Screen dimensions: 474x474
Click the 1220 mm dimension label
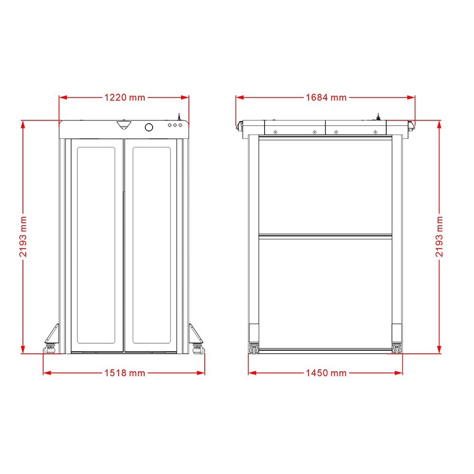(x=125, y=97)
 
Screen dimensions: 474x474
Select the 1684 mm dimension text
(x=326, y=97)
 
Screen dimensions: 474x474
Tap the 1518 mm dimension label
(x=125, y=373)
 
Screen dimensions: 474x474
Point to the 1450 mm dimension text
(x=326, y=373)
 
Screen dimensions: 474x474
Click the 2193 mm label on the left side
(x=23, y=237)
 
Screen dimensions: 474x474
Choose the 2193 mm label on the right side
(x=439, y=237)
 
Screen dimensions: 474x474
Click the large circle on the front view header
(x=149, y=127)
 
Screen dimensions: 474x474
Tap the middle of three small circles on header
(x=175, y=125)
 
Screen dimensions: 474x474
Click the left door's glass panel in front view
(x=96, y=245)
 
